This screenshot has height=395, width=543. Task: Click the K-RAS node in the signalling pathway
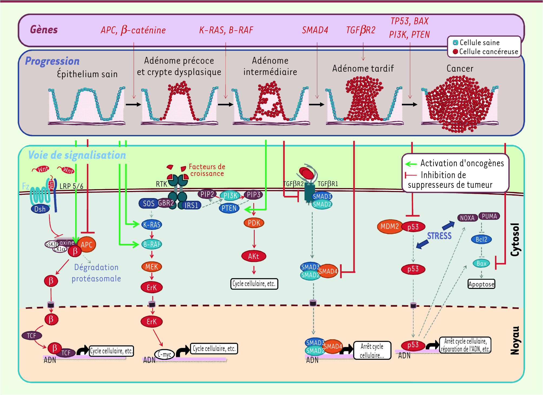[x=152, y=225]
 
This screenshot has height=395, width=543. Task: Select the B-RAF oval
[x=152, y=244]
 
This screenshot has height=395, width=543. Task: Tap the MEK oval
[x=152, y=267]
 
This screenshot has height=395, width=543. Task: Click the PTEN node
[x=229, y=208]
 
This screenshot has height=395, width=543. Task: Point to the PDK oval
[x=254, y=223]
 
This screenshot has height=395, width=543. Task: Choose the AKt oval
[x=254, y=256]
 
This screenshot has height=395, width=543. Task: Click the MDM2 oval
[x=389, y=226]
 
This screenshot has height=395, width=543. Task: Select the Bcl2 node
[x=481, y=239]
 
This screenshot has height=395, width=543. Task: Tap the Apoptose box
[x=481, y=284]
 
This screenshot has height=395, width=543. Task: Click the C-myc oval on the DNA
[x=164, y=354]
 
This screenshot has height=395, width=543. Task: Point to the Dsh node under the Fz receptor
[x=40, y=209]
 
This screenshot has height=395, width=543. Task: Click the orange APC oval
[x=87, y=245]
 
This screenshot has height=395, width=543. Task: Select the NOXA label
[x=467, y=218]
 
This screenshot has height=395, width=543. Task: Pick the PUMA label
[x=489, y=216]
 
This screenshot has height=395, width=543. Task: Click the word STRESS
[x=439, y=236]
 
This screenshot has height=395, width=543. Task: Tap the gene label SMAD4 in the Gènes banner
[x=315, y=30]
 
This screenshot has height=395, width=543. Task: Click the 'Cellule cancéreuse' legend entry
[x=486, y=52]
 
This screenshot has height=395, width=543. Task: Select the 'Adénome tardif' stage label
[x=363, y=68]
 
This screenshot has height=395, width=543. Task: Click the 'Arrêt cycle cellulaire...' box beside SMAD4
[x=372, y=350]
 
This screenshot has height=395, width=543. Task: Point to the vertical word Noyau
[x=515, y=340]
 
